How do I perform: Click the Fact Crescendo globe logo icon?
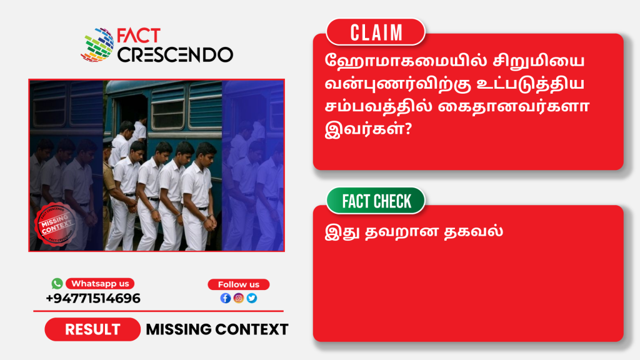tap(97, 45)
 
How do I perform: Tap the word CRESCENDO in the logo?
tap(176, 55)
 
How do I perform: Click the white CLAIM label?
tap(376, 32)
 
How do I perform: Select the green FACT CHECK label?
tap(376, 201)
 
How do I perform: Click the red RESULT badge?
tap(92, 329)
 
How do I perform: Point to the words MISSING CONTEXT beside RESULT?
tap(217, 329)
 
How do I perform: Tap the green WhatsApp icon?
tap(57, 283)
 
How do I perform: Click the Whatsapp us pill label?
tap(100, 284)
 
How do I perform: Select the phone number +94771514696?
tap(93, 298)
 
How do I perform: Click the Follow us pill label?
tap(238, 284)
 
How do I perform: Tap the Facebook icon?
tap(225, 298)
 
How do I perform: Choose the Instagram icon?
tap(239, 298)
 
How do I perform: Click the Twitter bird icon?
tap(252, 298)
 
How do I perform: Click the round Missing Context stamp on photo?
tap(56, 224)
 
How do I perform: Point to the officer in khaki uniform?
tap(109, 192)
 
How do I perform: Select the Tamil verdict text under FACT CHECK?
tap(414, 231)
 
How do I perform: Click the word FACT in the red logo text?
tap(139, 36)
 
